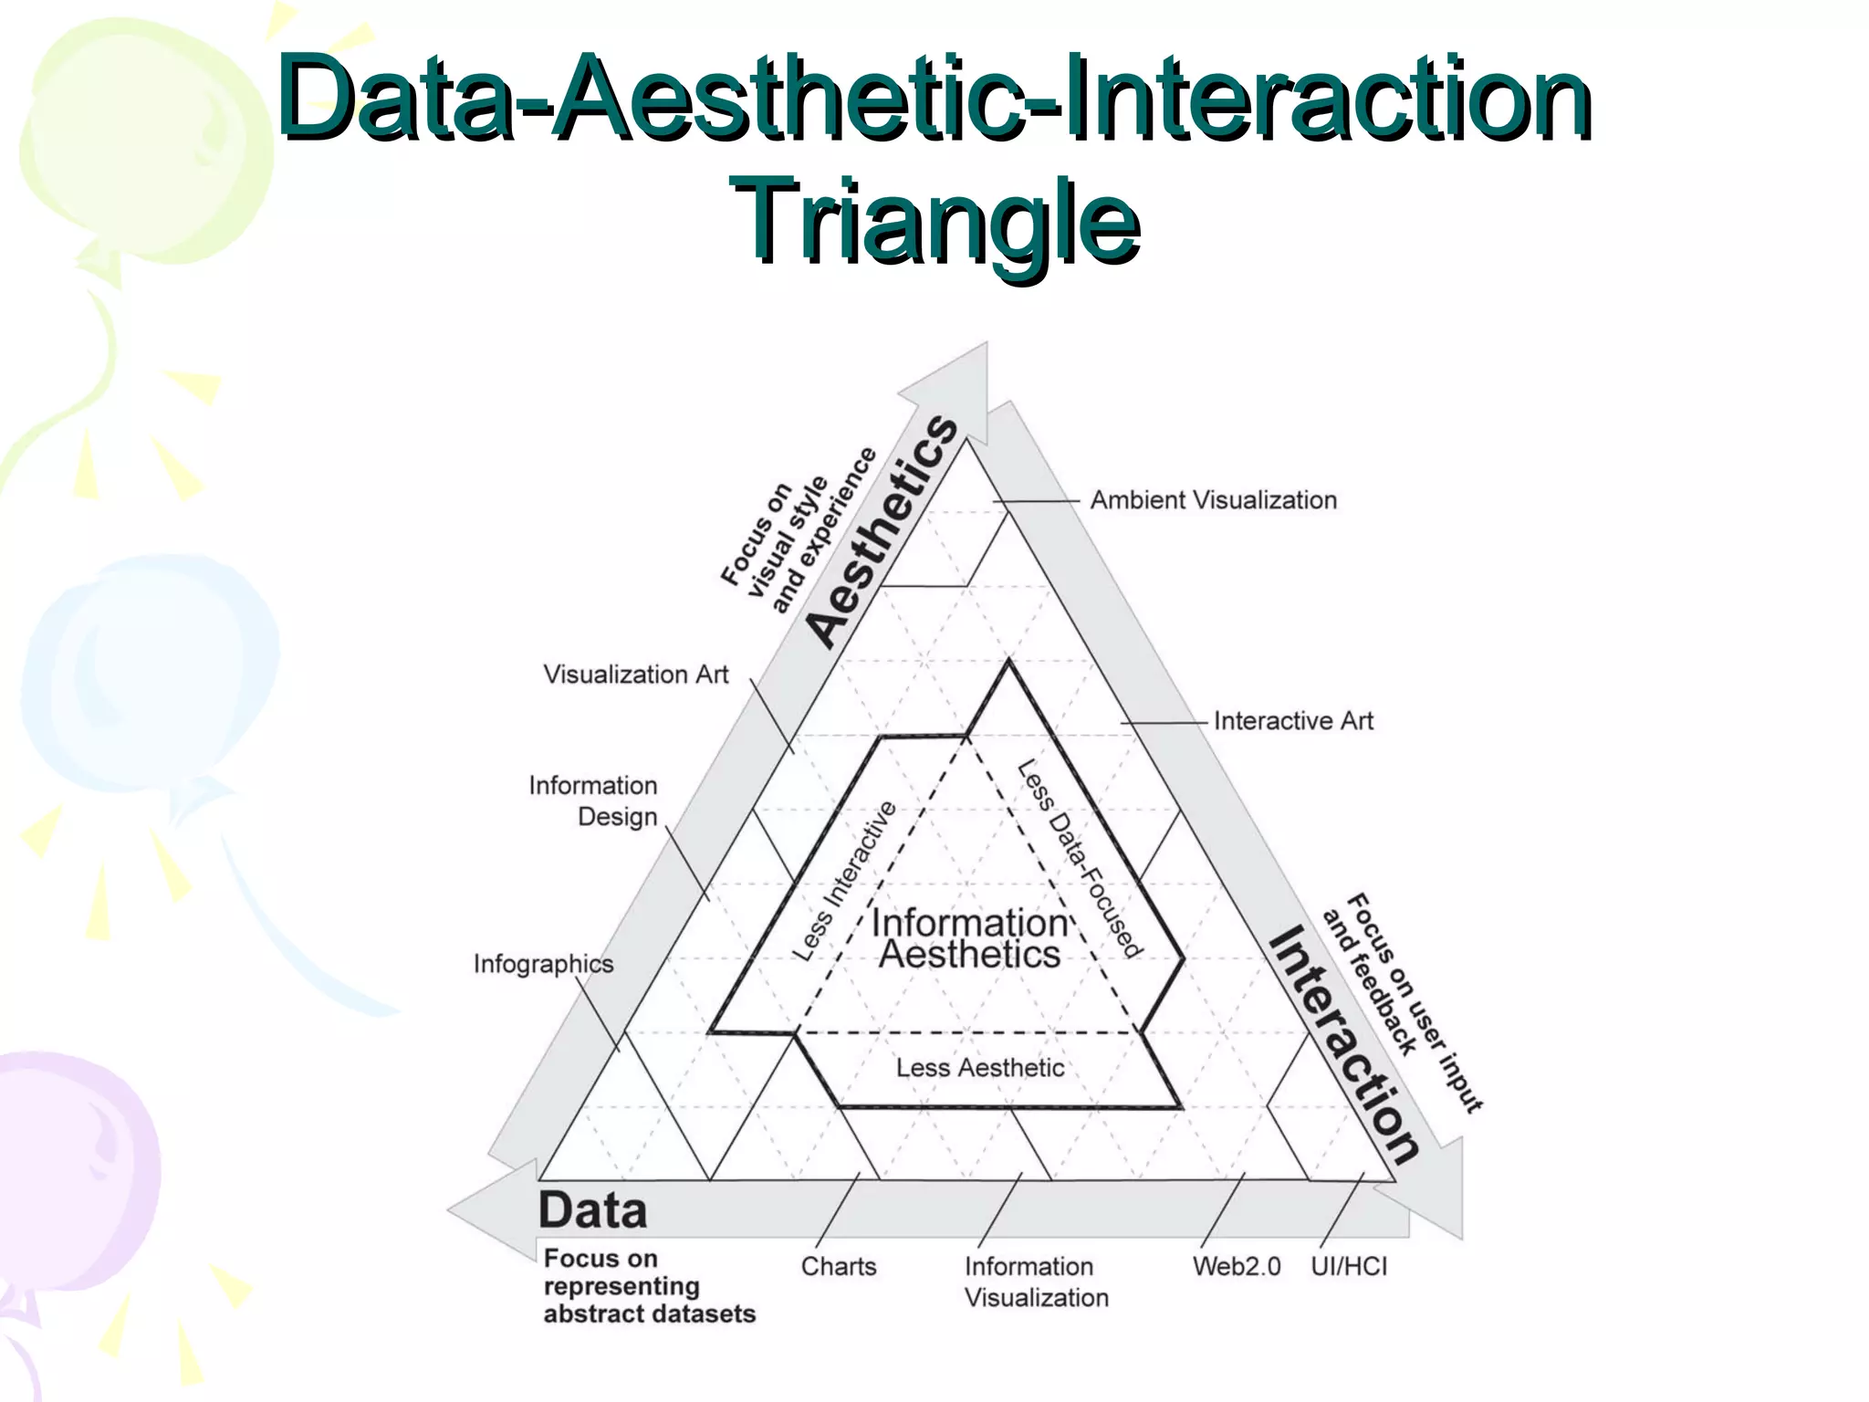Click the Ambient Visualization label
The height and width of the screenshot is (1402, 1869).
[1213, 500]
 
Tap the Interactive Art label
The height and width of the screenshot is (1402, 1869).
[1293, 721]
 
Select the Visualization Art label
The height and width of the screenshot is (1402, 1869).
[636, 675]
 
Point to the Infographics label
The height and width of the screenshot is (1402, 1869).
[543, 964]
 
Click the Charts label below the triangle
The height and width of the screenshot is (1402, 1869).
[839, 1267]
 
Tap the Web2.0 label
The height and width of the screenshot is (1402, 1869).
[1237, 1267]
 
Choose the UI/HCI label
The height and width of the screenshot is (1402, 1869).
[1349, 1267]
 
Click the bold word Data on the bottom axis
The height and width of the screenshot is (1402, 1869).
[593, 1211]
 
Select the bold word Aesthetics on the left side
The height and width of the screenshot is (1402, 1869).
[882, 531]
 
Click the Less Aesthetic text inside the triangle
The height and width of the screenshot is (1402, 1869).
[979, 1068]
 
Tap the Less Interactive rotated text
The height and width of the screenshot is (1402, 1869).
[844, 882]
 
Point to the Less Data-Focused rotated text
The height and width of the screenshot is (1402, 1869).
[1080, 858]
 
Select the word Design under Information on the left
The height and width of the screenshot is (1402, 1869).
[617, 817]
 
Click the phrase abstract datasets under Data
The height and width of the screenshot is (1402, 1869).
[649, 1314]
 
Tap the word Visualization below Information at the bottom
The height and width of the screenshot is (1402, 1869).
[1036, 1298]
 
